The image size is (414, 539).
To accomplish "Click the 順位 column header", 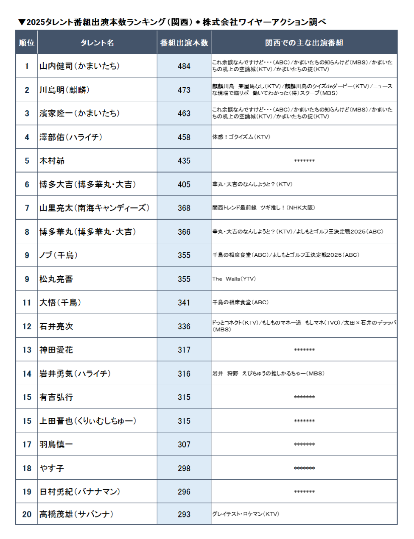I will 27,43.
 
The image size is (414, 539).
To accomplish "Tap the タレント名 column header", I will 97,43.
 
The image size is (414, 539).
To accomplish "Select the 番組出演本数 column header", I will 184,43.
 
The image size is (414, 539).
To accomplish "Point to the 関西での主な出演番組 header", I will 304,43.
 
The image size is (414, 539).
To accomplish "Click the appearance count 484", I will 184,67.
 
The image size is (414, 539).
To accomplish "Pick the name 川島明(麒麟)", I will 64,90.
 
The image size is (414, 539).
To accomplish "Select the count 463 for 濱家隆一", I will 184,114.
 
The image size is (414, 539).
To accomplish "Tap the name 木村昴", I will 52,161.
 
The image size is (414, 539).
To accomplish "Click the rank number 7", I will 27,208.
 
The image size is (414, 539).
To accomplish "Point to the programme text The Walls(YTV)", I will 234,279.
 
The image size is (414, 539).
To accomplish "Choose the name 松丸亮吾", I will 56,279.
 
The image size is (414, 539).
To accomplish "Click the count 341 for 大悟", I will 184,303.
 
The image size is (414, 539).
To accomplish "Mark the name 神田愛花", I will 56,350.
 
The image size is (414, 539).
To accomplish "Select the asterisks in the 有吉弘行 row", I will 304,397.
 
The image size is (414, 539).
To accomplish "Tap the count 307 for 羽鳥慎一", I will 184,445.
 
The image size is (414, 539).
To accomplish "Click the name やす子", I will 52,468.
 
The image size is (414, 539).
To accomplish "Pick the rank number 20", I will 27,514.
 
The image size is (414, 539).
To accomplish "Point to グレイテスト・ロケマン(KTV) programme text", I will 246,514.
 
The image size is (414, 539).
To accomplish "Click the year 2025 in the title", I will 36,22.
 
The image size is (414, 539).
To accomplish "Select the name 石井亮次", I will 56,326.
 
